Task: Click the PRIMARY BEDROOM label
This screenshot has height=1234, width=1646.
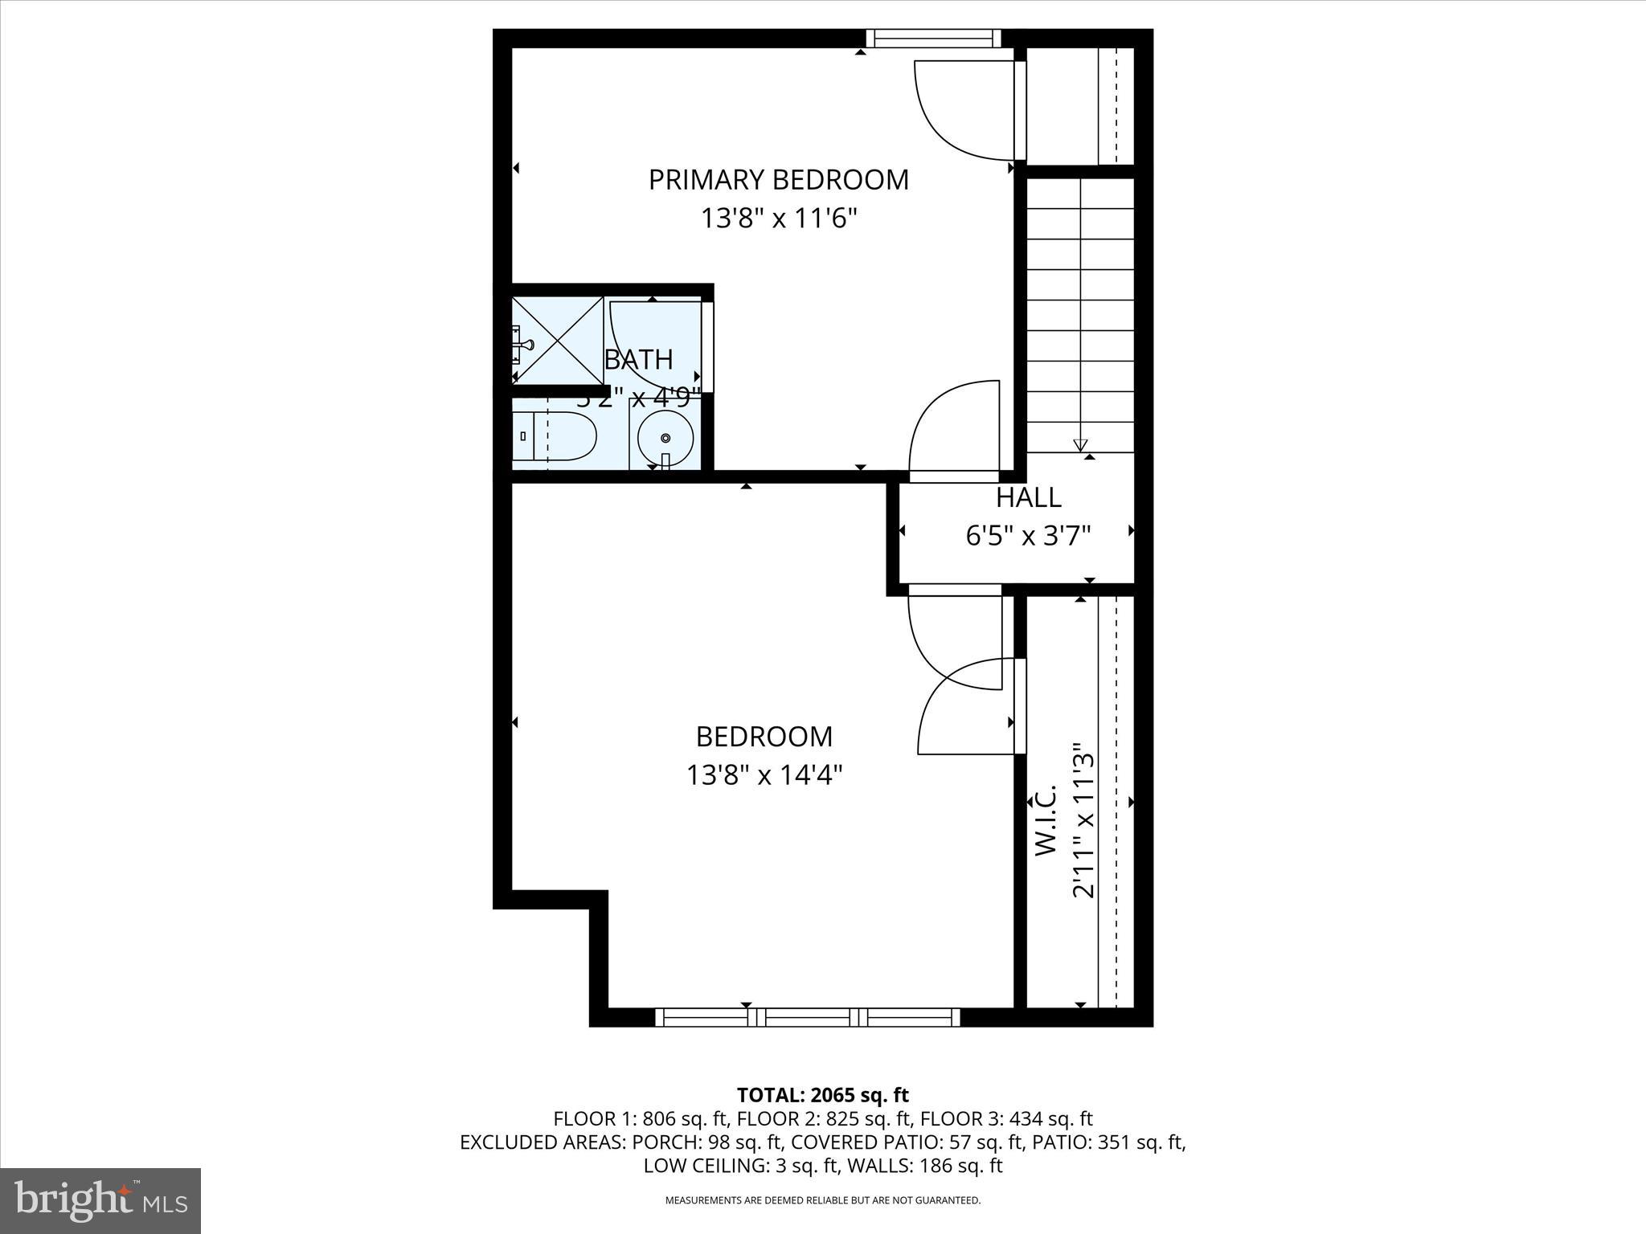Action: point(778,179)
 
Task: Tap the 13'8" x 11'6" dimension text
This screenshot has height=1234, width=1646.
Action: point(778,218)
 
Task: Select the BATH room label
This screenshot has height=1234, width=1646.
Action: point(638,359)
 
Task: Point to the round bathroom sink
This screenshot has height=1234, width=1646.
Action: point(665,438)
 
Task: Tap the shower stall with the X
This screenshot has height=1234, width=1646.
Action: point(559,341)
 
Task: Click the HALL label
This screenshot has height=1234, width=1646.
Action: point(1028,497)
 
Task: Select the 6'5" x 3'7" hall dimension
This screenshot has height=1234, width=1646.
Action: point(1028,536)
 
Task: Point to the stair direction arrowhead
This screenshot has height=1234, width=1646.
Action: point(1080,445)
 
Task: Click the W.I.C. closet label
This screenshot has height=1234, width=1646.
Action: point(1044,819)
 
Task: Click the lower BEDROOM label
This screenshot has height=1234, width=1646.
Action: point(764,736)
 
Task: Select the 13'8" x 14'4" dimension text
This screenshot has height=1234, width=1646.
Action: point(764,775)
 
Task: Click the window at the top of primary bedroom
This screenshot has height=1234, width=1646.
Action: point(933,38)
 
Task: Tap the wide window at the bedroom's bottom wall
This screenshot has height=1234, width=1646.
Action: point(808,1017)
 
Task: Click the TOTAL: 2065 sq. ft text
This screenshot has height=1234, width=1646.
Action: point(822,1094)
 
